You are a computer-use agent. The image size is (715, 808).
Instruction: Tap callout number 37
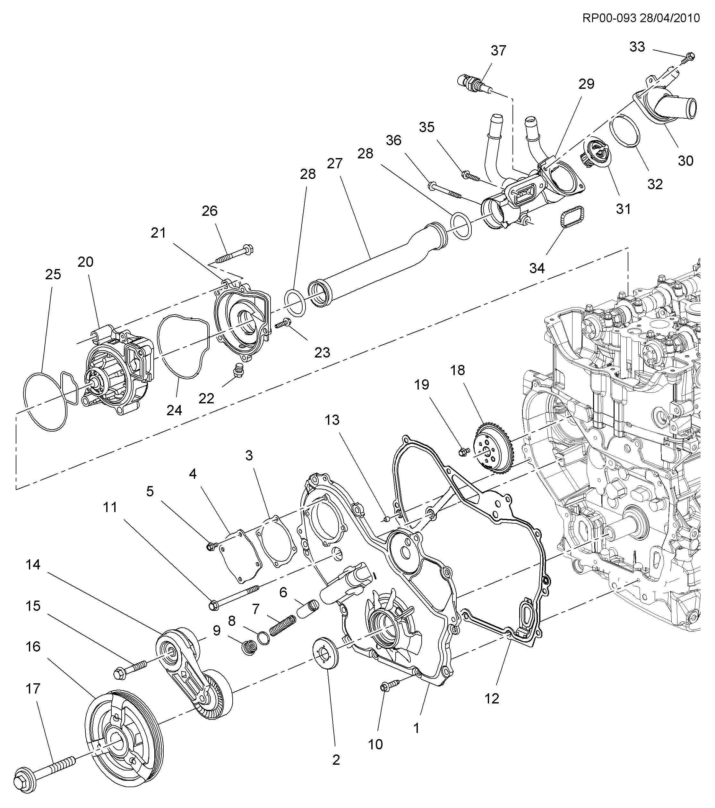coord(498,51)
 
